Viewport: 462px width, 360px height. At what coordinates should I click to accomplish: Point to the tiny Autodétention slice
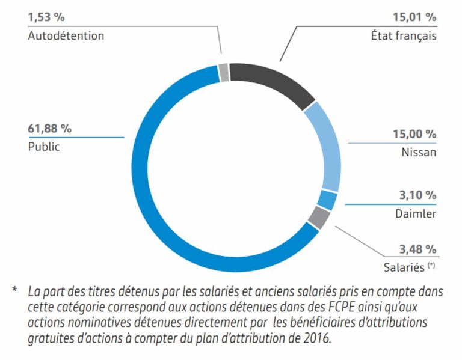[224, 72]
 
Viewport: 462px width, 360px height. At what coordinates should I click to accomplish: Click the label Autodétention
[66, 35]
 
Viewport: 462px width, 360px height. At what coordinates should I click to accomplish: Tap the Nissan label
[419, 153]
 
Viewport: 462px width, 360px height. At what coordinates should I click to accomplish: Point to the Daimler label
[416, 213]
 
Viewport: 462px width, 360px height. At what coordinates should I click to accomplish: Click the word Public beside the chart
[44, 147]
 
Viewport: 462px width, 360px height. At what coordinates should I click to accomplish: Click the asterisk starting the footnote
[14, 291]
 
